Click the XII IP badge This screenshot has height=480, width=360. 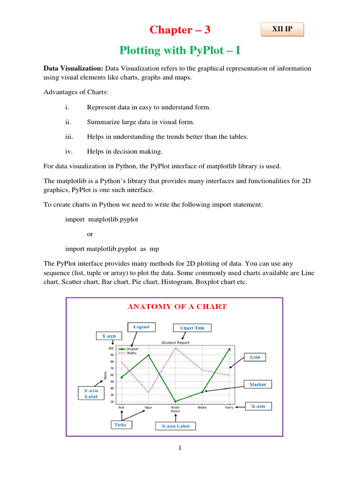click(x=282, y=30)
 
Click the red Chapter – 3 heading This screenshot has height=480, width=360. click(x=180, y=30)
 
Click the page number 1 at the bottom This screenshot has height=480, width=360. click(x=180, y=448)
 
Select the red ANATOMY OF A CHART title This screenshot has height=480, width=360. click(x=177, y=307)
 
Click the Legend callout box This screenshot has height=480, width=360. click(x=141, y=327)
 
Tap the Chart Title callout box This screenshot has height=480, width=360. click(x=192, y=328)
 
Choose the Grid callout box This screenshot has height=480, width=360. click(x=255, y=357)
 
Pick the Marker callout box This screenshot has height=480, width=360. click(x=257, y=384)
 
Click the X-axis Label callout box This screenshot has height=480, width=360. click(x=176, y=426)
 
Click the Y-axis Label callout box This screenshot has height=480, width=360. click(x=91, y=393)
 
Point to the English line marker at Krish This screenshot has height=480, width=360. click(x=175, y=401)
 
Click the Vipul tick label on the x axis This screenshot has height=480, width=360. click(x=148, y=407)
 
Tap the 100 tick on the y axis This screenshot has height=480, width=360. click(x=111, y=348)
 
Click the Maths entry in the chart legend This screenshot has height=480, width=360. click(x=132, y=353)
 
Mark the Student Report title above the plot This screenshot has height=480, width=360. click(x=175, y=343)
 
